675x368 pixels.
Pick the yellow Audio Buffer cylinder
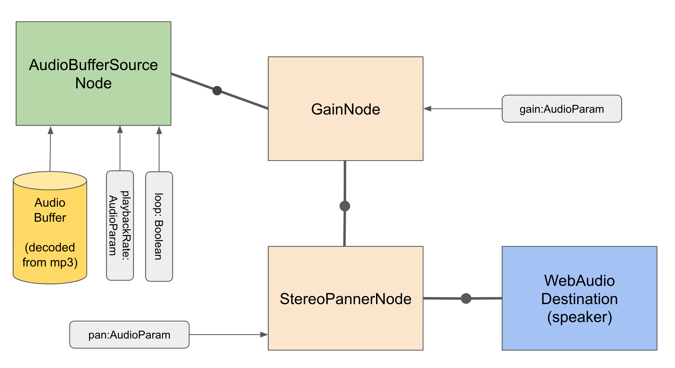click(50, 230)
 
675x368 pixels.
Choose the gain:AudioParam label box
click(561, 109)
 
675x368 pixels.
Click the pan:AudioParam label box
click(129, 335)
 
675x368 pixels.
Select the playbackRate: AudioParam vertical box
click(120, 226)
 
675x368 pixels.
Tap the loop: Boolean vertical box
click(159, 226)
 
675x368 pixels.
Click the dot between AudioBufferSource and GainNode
click(217, 91)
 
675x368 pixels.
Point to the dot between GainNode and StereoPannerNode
click(345, 206)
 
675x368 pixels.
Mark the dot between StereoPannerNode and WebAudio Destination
click(466, 298)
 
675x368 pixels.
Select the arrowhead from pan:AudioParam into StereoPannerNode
click(264, 335)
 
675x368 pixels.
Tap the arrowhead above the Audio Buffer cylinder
click(51, 130)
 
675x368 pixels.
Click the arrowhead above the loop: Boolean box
click(159, 130)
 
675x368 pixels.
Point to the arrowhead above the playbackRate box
click(120, 130)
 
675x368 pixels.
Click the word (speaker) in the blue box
click(579, 317)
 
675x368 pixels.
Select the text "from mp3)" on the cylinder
click(50, 262)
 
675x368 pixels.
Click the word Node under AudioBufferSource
click(93, 83)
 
